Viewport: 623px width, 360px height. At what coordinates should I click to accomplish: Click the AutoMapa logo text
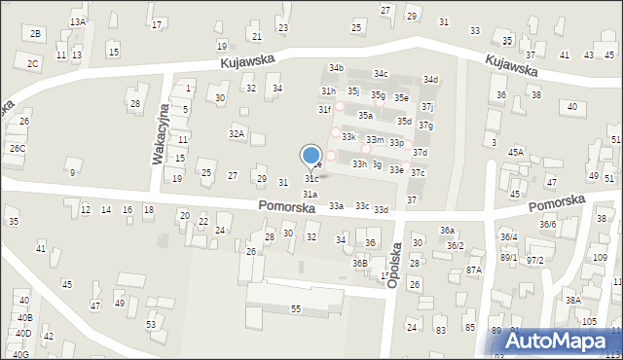[x=562, y=341]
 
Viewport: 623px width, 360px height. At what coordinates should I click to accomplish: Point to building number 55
[x=296, y=308]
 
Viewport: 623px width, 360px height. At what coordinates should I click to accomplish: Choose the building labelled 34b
[x=336, y=68]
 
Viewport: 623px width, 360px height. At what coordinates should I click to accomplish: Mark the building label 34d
[x=430, y=80]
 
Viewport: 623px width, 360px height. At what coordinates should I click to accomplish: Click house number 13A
[x=78, y=21]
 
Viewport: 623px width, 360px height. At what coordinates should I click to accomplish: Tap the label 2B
[x=36, y=34]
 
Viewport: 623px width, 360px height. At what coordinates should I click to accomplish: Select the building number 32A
[x=237, y=133]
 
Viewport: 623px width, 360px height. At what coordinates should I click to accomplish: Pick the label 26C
[x=18, y=149]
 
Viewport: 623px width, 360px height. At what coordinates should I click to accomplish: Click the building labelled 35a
[x=365, y=116]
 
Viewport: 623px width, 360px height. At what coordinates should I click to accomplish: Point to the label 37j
[x=427, y=107]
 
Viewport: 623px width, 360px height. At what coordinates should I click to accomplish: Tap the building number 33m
[x=374, y=140]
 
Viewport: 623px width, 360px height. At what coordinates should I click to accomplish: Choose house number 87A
[x=474, y=270]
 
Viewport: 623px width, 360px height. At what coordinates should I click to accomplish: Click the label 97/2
[x=534, y=260]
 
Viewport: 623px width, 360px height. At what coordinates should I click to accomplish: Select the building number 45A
[x=516, y=153]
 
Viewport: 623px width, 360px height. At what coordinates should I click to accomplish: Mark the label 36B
[x=360, y=263]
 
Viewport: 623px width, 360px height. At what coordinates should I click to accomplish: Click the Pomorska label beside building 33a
[x=287, y=205]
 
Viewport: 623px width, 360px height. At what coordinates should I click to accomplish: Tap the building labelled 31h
[x=329, y=90]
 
